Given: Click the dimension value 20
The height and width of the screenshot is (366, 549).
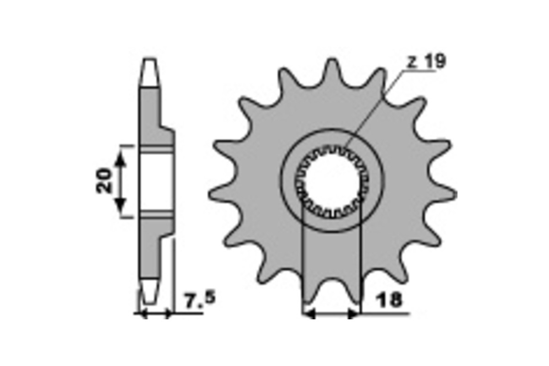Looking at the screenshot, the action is coord(103,180).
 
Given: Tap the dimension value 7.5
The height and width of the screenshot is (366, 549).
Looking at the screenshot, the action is coord(200,299).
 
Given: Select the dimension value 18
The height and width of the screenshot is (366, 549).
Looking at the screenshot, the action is coord(390,299).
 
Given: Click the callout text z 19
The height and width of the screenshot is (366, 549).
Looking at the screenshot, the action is coord(426,61).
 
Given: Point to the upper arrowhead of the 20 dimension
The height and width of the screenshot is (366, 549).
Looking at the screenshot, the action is coord(120,158).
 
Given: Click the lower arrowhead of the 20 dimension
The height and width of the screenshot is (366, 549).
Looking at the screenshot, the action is coord(120,205).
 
